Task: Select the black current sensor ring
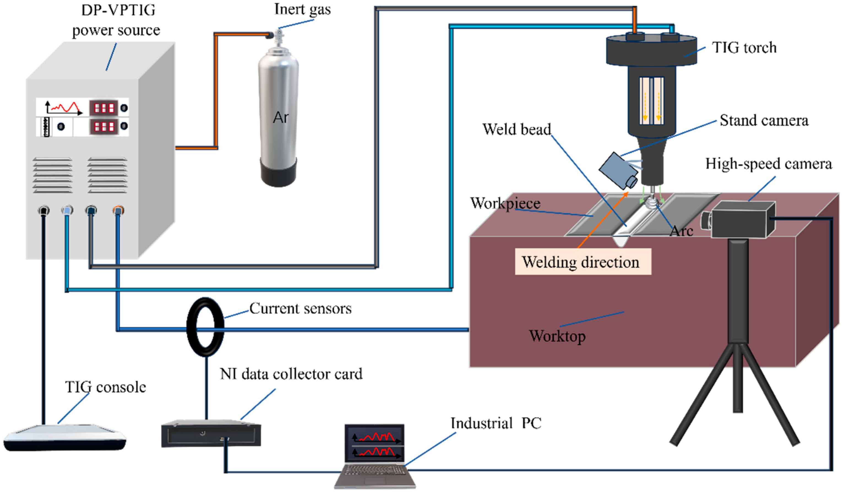205,327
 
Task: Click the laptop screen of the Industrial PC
375,443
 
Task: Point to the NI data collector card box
211,433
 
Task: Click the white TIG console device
64,437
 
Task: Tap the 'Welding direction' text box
583,262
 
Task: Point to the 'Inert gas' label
303,9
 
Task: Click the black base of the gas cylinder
278,172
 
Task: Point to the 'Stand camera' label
764,120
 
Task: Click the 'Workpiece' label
505,203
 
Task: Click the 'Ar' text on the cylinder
281,117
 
